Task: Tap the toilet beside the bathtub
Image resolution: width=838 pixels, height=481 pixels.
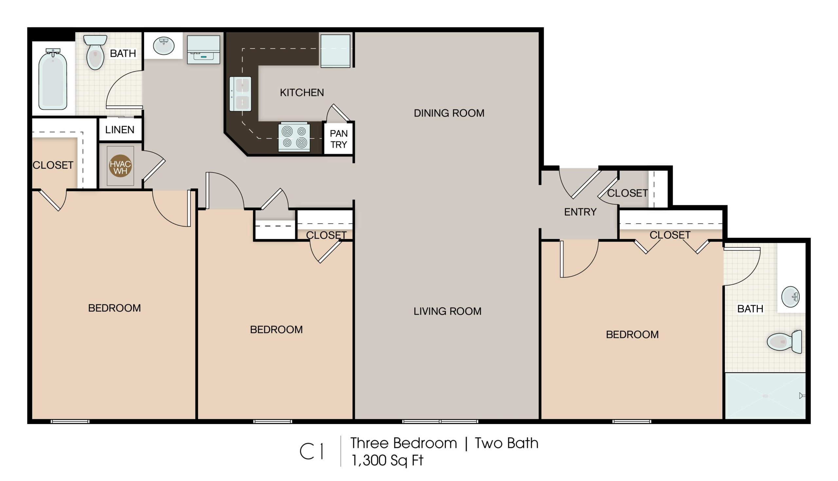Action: pyautogui.click(x=95, y=52)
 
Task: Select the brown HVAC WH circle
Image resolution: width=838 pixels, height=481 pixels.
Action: pyautogui.click(x=120, y=166)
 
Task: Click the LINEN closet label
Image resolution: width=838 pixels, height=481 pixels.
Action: pyautogui.click(x=120, y=130)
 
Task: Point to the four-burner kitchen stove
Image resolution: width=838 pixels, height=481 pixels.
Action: pyautogui.click(x=294, y=137)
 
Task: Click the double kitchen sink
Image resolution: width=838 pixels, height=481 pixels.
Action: pyautogui.click(x=240, y=94)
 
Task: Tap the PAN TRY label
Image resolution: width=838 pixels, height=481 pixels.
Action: pyautogui.click(x=339, y=139)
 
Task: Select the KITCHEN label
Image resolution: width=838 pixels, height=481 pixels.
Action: pyautogui.click(x=302, y=92)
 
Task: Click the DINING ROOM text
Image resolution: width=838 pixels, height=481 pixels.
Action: pyautogui.click(x=449, y=113)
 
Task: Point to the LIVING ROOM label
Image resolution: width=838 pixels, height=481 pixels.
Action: pyautogui.click(x=447, y=311)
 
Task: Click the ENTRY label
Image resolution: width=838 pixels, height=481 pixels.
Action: pyautogui.click(x=580, y=212)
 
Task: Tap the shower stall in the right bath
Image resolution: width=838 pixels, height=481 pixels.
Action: pyautogui.click(x=765, y=396)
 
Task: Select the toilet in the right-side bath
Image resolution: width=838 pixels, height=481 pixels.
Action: pyautogui.click(x=784, y=342)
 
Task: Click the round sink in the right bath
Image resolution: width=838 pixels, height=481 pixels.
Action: pyautogui.click(x=790, y=297)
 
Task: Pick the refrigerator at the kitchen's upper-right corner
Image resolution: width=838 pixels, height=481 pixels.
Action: pyautogui.click(x=335, y=51)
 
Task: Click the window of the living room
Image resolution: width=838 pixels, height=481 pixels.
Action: pyautogui.click(x=440, y=421)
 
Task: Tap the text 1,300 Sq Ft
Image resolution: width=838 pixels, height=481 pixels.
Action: pyautogui.click(x=387, y=460)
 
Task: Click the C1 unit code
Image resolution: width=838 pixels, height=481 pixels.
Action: pyautogui.click(x=312, y=451)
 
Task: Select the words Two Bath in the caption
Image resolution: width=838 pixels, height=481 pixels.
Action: pyautogui.click(x=506, y=443)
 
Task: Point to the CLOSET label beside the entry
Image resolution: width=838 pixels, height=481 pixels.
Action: pyautogui.click(x=627, y=193)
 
